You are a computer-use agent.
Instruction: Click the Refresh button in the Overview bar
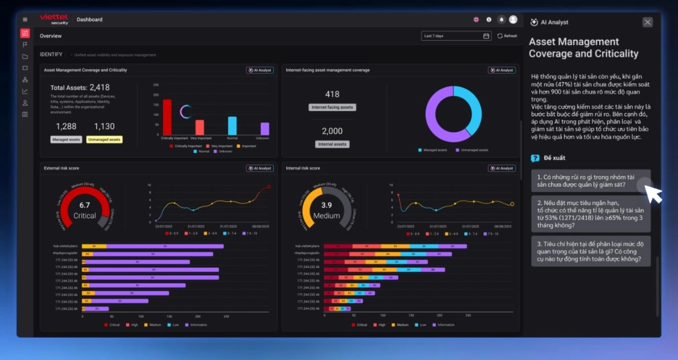[x=507, y=36]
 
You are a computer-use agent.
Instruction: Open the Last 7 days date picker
[x=456, y=36]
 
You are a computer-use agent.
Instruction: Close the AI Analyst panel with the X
[x=647, y=22]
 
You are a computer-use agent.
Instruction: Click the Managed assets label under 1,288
[x=66, y=140]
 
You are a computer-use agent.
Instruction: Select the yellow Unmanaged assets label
[x=104, y=140]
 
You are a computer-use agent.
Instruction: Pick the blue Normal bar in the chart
[x=232, y=126]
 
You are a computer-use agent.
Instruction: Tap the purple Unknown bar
[x=265, y=129]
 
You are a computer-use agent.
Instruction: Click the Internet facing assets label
[x=332, y=107]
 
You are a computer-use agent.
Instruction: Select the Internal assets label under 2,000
[x=332, y=144]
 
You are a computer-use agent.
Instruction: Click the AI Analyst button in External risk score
[x=260, y=168]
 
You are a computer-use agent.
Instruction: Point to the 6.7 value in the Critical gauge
[x=85, y=205]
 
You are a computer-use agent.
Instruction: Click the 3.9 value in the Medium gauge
[x=327, y=205]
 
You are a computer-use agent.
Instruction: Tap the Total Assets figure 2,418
[x=100, y=87]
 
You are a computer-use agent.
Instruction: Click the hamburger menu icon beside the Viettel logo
[x=25, y=20]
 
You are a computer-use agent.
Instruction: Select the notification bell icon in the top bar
[x=501, y=20]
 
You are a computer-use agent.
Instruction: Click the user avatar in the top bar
[x=513, y=20]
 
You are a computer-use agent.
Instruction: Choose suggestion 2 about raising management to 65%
[x=591, y=214]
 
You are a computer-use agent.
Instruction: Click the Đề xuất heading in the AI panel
[x=554, y=158]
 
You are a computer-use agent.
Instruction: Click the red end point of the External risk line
[x=269, y=187]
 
